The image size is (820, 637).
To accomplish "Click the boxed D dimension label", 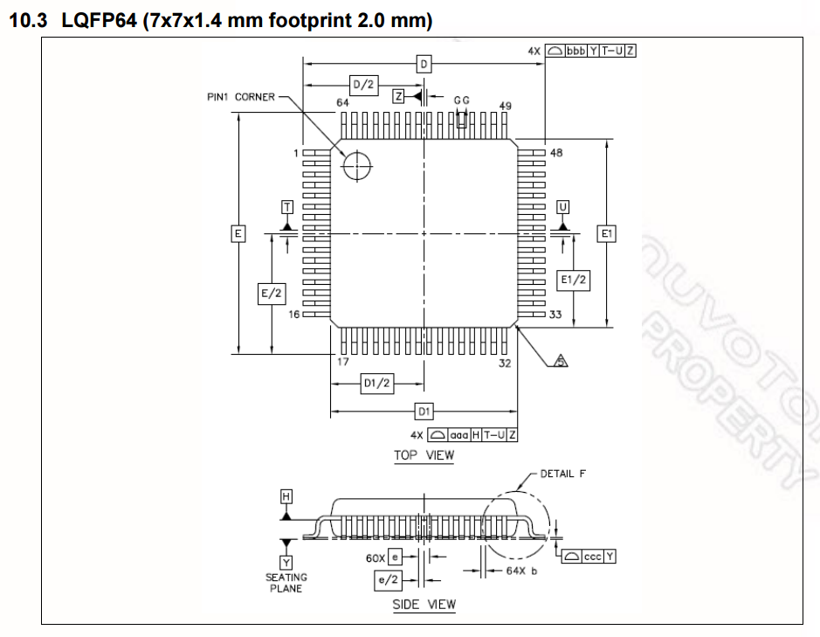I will (x=424, y=64).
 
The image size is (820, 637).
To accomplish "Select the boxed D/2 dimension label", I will (x=363, y=85).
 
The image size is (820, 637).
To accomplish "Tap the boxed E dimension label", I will (x=238, y=233).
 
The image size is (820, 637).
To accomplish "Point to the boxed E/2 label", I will (x=272, y=294).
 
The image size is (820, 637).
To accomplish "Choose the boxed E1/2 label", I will (x=573, y=279).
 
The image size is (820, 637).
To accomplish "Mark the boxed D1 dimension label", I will (x=424, y=411).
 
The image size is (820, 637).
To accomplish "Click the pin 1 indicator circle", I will (x=356, y=165).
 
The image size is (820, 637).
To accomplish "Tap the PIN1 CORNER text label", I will (x=240, y=97).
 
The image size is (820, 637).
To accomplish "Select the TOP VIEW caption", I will (x=424, y=454).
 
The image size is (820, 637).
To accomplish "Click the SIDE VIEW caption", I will (x=424, y=604).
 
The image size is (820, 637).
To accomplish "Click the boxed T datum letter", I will (x=286, y=207).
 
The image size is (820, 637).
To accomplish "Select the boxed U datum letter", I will (x=562, y=207).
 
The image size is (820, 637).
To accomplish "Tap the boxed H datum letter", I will (x=286, y=495).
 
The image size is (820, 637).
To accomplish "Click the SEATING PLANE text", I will (x=286, y=583).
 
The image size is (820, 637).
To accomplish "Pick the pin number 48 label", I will (x=556, y=152).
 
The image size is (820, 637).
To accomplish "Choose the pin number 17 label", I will (x=342, y=361).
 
